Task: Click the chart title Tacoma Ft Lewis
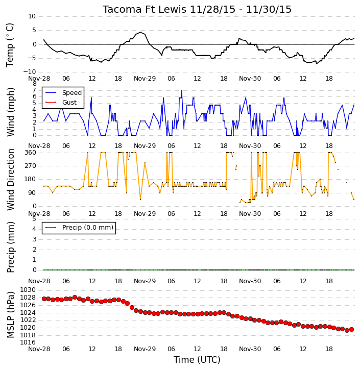(145, 9)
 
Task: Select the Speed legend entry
(63, 93)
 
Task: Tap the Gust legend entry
(61, 103)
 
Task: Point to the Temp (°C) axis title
(10, 45)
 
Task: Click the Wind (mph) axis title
(10, 112)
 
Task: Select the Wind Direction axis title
(10, 179)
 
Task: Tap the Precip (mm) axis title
(10, 247)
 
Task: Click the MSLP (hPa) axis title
(10, 314)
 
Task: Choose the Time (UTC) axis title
(197, 360)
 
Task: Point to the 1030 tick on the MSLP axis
(28, 290)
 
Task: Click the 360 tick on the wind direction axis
(31, 153)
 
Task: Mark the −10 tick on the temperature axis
(29, 72)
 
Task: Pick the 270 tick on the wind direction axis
(31, 166)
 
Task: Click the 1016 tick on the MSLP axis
(28, 342)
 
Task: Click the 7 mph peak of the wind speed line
(182, 90)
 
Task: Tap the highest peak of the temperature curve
(141, 32)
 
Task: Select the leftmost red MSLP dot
(44, 299)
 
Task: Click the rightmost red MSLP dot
(351, 329)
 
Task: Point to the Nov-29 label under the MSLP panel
(145, 349)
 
